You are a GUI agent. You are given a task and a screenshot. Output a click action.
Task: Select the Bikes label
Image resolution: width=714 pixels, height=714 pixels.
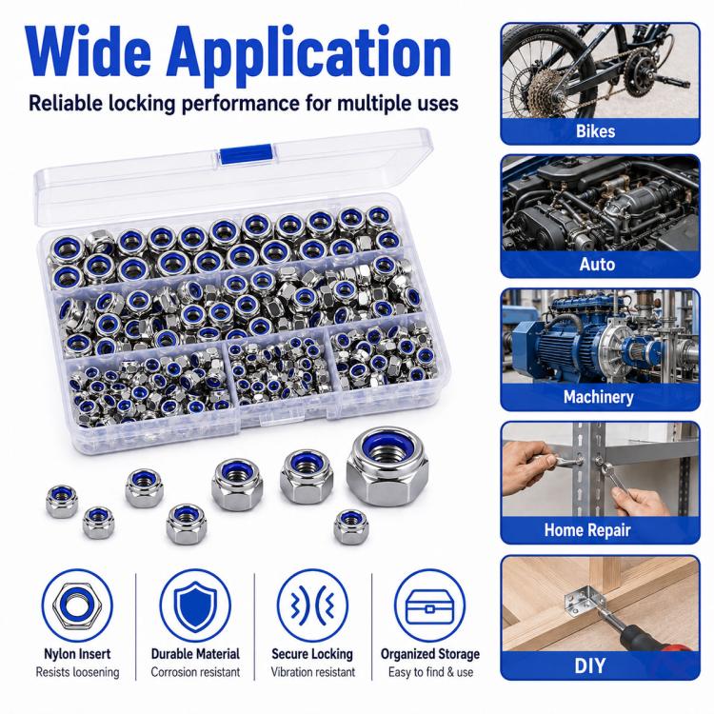pos(595,131)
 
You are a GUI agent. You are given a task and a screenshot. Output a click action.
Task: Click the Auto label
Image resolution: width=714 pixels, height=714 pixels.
pos(597,264)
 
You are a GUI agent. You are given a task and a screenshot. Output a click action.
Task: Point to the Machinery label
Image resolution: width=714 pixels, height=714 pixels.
pos(599,397)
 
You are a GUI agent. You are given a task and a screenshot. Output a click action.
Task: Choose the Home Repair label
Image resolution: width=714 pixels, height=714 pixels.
pos(587,529)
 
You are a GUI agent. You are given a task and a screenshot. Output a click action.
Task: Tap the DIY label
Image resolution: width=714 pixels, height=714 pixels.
pos(590,665)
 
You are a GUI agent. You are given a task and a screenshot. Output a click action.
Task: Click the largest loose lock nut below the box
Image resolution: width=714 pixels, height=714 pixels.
pos(387,466)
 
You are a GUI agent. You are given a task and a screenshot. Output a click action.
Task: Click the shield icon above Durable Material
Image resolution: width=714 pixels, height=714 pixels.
pos(195,605)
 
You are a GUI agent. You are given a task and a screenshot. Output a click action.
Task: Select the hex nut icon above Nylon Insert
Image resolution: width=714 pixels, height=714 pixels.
pos(76,605)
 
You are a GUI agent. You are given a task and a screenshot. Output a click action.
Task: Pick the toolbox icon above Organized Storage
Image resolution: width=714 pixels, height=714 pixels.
pos(429,606)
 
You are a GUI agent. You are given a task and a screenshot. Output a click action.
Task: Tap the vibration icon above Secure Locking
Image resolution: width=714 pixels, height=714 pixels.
pos(312,605)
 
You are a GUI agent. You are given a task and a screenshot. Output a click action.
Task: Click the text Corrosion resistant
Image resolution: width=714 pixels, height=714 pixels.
pos(195,672)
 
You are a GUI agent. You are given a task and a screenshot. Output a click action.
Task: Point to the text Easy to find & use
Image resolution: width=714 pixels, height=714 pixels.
pos(430,672)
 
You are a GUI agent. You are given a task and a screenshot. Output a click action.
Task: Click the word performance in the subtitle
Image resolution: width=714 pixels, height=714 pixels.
pos(241,104)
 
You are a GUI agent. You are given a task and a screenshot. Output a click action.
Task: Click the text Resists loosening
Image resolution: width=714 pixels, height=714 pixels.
pos(77,672)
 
